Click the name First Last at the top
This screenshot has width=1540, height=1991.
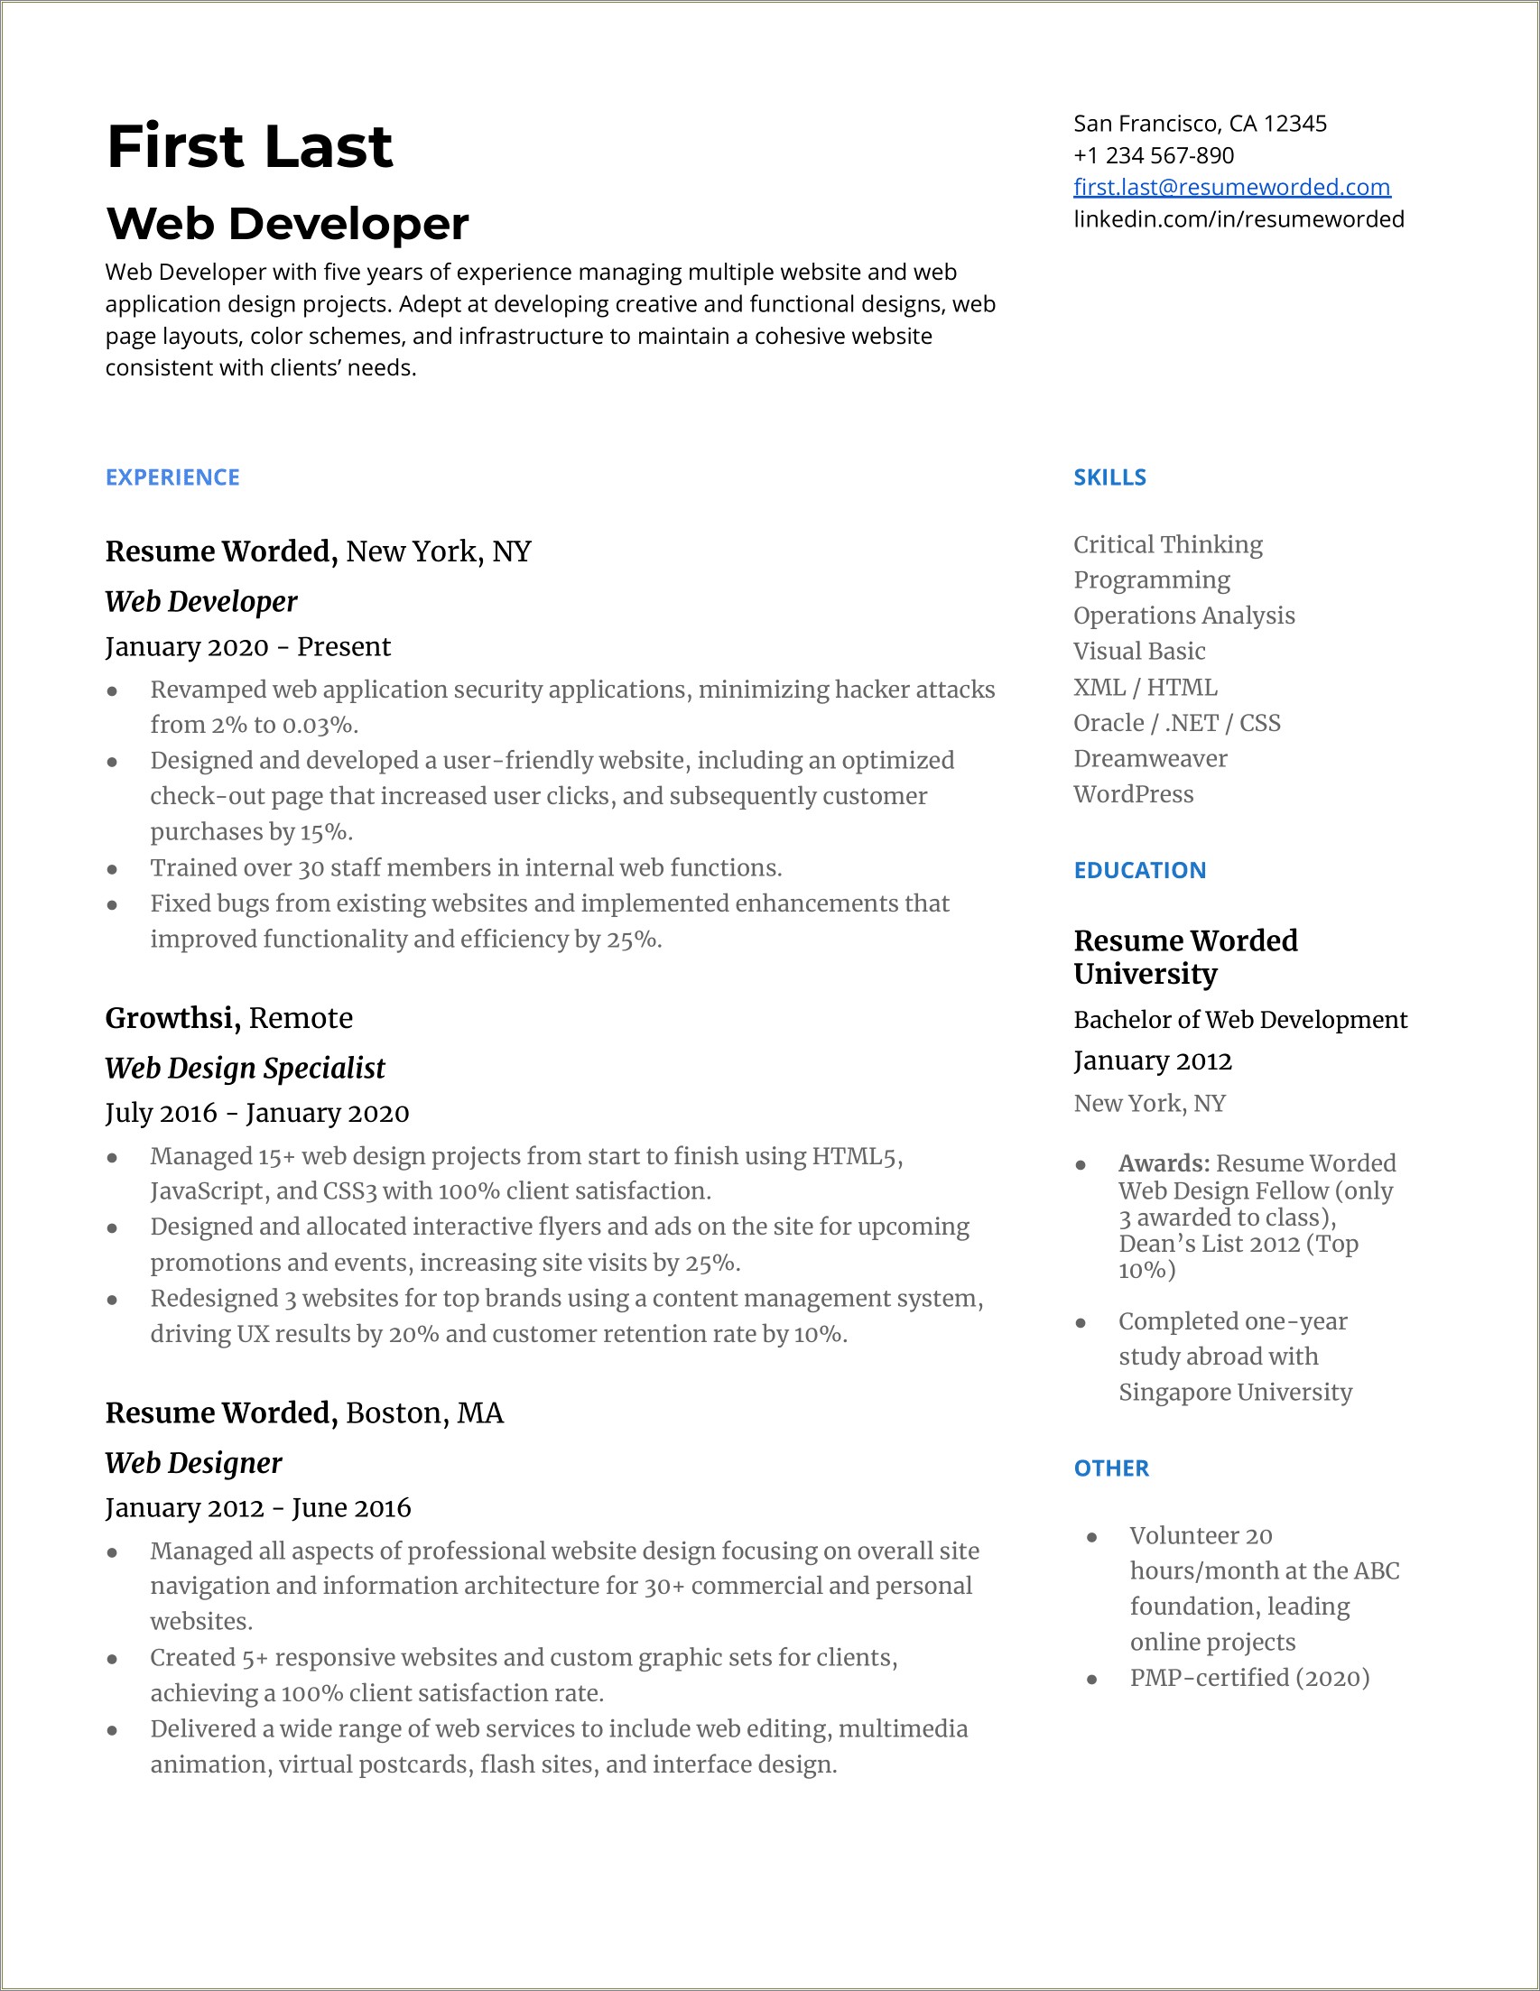(249, 147)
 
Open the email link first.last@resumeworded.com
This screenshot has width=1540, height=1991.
(1231, 187)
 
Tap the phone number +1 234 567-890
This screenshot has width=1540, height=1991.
(1153, 155)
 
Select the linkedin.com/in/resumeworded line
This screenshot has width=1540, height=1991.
(1238, 218)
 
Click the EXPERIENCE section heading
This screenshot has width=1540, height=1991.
(172, 477)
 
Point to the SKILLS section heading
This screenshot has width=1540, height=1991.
(1109, 477)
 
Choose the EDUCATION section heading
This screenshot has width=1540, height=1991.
(1139, 870)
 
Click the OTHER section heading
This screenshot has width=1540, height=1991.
(1110, 1468)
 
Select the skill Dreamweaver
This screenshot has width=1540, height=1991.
(1150, 758)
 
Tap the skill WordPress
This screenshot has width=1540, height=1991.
(1133, 794)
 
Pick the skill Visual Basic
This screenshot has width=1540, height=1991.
(1139, 651)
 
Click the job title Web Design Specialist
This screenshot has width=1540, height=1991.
(245, 1068)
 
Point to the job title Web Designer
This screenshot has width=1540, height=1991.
(193, 1462)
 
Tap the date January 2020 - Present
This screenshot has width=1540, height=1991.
(247, 646)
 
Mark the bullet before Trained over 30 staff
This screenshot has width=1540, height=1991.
(112, 869)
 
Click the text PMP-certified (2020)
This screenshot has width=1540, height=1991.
(1249, 1678)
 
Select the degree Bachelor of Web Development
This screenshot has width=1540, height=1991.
(1239, 1019)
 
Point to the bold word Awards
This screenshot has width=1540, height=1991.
(1163, 1163)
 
